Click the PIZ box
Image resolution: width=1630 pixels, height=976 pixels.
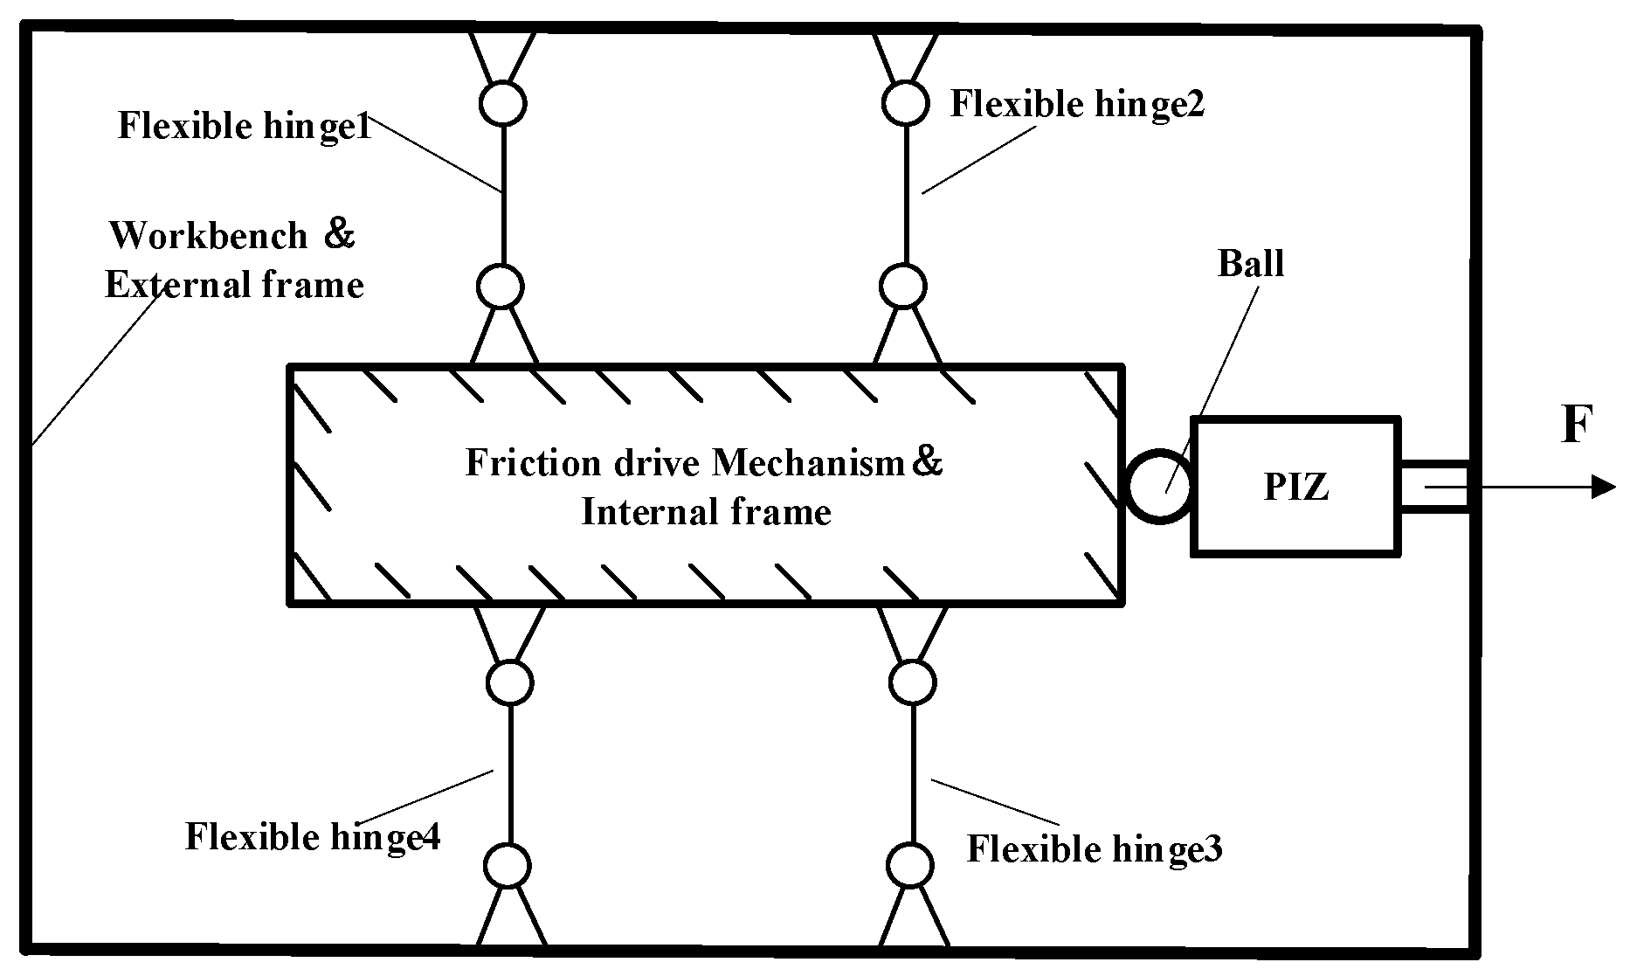pos(1296,486)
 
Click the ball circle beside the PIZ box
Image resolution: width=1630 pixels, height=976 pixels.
pos(1159,487)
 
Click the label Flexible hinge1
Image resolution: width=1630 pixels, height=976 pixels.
pos(245,126)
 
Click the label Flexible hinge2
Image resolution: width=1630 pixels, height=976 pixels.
pos(1077,104)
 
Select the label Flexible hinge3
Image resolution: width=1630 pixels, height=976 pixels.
pos(1094,848)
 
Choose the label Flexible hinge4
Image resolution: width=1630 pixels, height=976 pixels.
pos(313,836)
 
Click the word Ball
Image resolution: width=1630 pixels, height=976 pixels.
pos(1251,263)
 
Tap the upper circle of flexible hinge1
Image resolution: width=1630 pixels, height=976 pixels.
pos(503,102)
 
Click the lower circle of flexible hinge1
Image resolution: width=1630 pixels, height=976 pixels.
pos(501,287)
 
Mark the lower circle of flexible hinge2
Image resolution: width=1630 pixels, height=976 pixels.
pos(902,286)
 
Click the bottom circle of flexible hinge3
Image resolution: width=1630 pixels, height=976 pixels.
pos(910,865)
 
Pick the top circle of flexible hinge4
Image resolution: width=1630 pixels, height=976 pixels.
pos(509,682)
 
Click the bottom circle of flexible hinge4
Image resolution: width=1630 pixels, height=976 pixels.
pos(508,866)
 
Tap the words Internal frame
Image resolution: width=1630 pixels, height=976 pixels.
pos(706,511)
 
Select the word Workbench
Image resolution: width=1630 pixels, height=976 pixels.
pos(209,235)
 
